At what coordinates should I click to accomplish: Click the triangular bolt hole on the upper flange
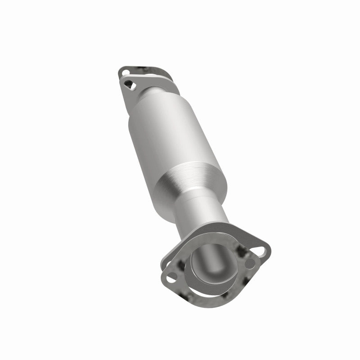pos(130,83)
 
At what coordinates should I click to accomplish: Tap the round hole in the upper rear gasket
pos(125,71)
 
